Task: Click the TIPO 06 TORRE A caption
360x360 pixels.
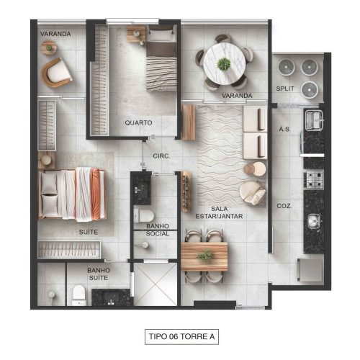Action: point(181,336)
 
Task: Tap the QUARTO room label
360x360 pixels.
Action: point(138,122)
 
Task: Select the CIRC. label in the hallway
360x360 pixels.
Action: point(161,156)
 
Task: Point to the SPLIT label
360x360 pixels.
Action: point(285,89)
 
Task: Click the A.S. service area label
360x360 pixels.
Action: point(284,129)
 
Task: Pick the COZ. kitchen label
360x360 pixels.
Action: point(284,206)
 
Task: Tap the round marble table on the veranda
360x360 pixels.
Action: point(225,64)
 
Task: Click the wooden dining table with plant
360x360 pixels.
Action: point(204,256)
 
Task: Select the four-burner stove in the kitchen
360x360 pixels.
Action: point(314,180)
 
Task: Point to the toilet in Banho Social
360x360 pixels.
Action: point(144,215)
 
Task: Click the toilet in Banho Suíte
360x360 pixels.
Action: point(79,295)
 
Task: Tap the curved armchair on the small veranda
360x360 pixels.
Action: point(57,73)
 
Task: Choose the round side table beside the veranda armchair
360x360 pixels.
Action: point(49,48)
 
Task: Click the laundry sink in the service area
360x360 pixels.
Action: point(314,120)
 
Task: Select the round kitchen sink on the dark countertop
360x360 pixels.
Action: point(314,221)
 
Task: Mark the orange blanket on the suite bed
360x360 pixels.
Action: point(96,194)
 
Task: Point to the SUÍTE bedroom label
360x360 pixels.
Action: point(89,232)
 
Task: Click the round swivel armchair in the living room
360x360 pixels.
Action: point(253,193)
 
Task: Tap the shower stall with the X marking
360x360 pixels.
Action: point(156,284)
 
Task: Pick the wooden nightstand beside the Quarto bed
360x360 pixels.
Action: point(136,34)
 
